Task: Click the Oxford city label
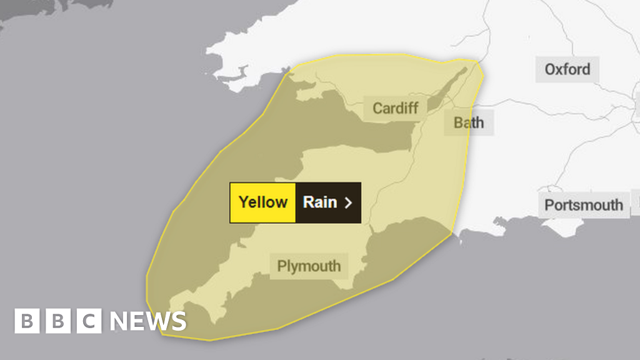(x=567, y=69)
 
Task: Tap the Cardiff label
(x=396, y=108)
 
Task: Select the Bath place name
(x=469, y=122)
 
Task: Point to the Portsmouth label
(x=583, y=205)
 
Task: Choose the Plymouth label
(x=309, y=266)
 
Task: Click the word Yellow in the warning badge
(x=263, y=202)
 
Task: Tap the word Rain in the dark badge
(x=320, y=202)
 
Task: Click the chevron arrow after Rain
(x=349, y=202)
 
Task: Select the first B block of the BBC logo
(x=27, y=321)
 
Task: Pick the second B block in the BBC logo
(x=58, y=321)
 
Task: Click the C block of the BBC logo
(x=89, y=321)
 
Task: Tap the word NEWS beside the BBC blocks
(x=148, y=321)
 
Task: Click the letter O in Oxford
(x=550, y=69)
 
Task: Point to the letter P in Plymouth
(x=282, y=266)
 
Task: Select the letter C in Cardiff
(x=377, y=108)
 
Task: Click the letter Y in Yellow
(x=244, y=202)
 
